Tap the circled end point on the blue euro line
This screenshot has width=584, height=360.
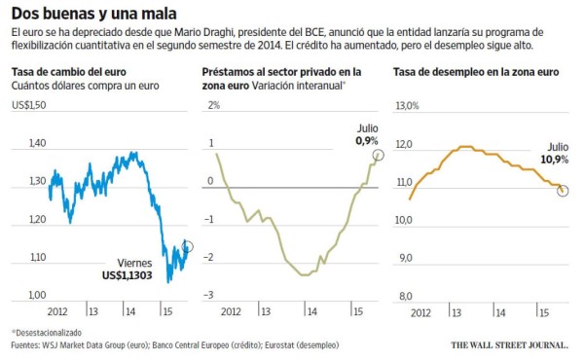(189, 246)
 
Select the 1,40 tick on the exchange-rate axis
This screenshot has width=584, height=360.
(39, 143)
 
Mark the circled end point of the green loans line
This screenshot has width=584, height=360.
(378, 155)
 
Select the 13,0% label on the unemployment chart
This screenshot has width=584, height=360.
(407, 105)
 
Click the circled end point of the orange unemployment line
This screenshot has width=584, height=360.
(563, 190)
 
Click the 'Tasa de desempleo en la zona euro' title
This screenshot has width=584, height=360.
(474, 72)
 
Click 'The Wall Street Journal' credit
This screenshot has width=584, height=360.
(511, 343)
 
